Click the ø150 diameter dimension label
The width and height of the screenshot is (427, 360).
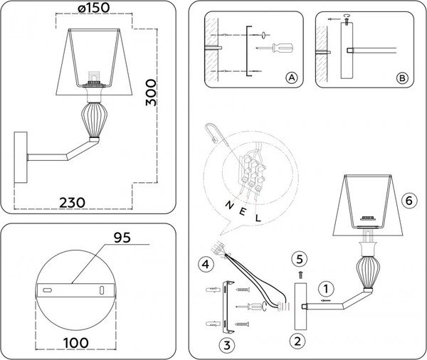coord(94,8)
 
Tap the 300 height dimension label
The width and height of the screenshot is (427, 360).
coord(151,92)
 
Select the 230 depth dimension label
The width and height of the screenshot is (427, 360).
coord(72,203)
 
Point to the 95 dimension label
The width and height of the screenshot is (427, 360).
coord(122,238)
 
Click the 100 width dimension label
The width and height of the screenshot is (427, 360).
coord(76,343)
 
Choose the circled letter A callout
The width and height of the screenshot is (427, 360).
coord(291,78)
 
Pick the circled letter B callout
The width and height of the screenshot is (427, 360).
coord(402,78)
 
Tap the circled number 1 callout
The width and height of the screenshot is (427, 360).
coord(326,289)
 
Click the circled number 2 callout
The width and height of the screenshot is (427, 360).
coord(297,342)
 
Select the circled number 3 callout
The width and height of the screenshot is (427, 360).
coord(227,345)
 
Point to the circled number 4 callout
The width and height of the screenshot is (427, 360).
coord(206,264)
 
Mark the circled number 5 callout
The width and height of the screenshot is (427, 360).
coord(300,259)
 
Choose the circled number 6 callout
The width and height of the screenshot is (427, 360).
coord(409,201)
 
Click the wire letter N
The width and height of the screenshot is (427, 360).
coord(229,205)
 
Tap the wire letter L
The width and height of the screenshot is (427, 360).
coord(258,218)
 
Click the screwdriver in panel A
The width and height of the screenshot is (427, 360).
coord(275,48)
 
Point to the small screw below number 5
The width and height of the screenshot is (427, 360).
coord(300,275)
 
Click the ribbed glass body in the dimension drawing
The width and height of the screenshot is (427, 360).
coord(94,120)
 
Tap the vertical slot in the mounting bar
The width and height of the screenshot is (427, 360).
coord(102,290)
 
